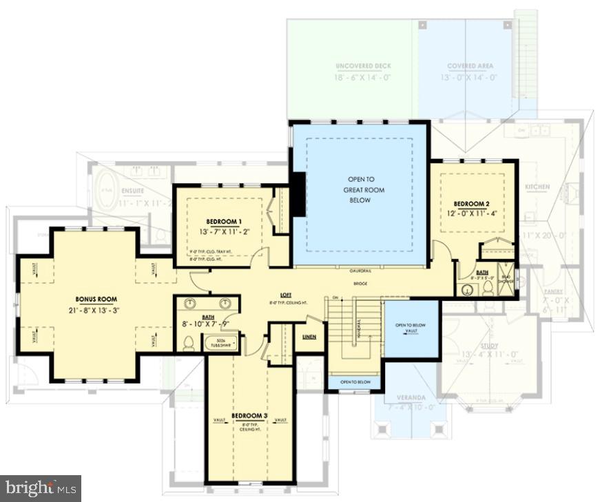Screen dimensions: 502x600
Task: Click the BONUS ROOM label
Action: pos(96,300)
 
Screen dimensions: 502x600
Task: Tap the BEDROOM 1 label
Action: pos(224,221)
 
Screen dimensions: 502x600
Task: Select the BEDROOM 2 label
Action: pos(472,203)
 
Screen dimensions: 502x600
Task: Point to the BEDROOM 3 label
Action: pos(249,416)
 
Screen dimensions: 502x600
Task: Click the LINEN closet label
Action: pos(309,337)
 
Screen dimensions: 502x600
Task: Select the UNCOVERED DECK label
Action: pos(363,66)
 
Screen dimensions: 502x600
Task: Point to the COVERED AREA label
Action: pos(470,66)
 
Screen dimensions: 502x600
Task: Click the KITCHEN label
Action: pos(537,187)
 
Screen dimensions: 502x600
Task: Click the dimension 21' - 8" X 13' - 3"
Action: pos(96,311)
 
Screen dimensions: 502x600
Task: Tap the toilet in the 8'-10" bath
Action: pos(187,342)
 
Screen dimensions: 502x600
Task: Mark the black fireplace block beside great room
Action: pos(298,194)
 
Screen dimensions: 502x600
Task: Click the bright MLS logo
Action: pos(41,488)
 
